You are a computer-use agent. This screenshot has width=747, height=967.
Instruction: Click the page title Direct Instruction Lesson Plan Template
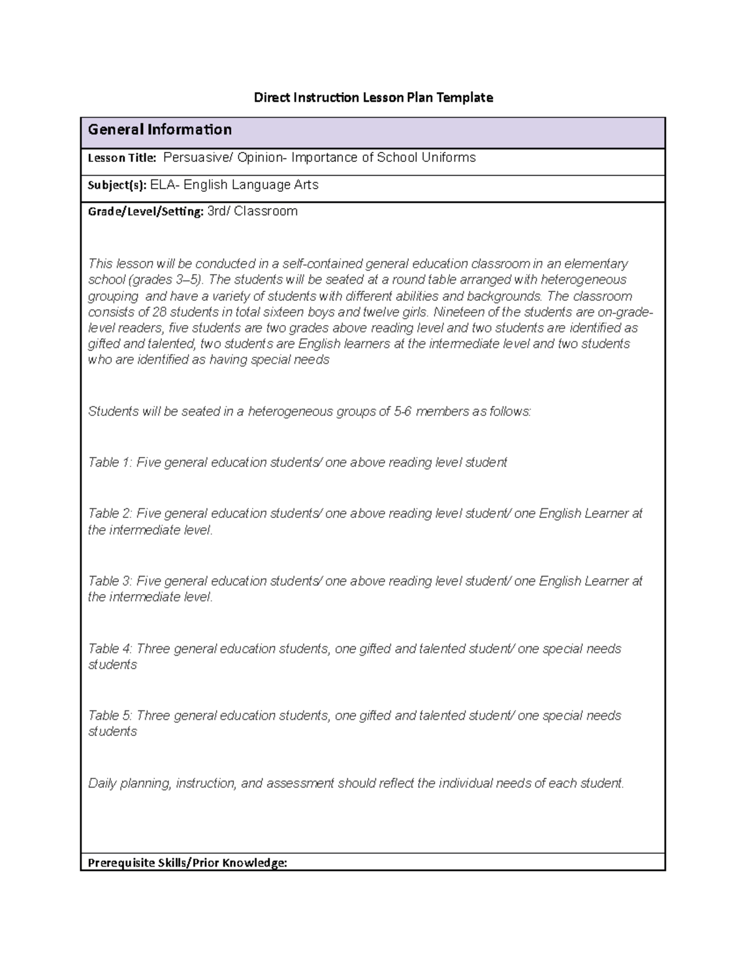point(373,97)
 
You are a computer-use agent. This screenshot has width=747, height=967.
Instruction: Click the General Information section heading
point(160,130)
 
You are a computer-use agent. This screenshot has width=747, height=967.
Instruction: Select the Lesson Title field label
point(122,158)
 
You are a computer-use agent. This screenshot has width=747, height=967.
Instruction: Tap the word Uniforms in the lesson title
point(448,158)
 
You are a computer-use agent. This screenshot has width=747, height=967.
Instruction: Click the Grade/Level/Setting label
point(146,212)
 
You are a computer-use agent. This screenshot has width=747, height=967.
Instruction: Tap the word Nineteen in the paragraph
point(459,312)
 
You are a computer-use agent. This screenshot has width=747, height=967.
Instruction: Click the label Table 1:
point(110,462)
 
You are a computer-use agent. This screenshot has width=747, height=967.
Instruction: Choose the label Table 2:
point(110,513)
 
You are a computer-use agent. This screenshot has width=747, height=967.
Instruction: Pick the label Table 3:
point(110,581)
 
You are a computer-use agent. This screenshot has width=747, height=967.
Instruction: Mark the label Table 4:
point(110,649)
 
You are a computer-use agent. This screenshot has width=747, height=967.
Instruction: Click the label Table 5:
point(110,715)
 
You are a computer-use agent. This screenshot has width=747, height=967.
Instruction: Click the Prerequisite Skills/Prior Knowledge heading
point(187,862)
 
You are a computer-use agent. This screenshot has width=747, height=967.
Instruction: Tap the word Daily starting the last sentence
point(102,783)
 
